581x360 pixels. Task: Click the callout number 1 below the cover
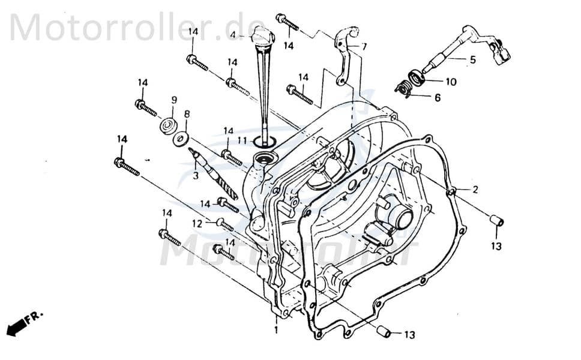(x=275, y=330)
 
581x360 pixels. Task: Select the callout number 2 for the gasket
(x=475, y=190)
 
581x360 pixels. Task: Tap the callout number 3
(x=194, y=176)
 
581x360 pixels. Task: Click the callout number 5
(x=472, y=59)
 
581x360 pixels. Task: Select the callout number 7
(x=364, y=46)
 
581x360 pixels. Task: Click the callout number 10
(x=450, y=81)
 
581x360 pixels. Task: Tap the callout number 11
(x=241, y=140)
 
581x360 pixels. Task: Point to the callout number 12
(x=197, y=223)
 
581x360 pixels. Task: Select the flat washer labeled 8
(x=179, y=139)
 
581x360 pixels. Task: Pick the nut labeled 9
(x=167, y=127)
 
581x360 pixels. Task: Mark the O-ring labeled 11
(x=263, y=142)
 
